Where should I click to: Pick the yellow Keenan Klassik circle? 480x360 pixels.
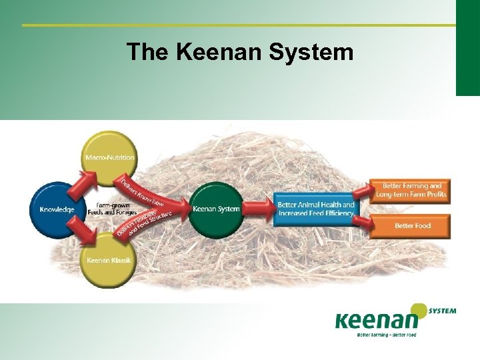pos(109,259)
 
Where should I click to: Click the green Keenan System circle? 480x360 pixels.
pos(216,209)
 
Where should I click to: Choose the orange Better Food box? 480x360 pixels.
pos(412,225)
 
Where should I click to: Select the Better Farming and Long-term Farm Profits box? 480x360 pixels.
pos(411,190)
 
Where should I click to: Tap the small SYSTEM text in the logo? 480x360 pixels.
pos(443,311)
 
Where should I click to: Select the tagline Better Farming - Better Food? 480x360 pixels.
pos(387,335)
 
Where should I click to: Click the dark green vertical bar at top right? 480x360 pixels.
pos(467,47)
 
